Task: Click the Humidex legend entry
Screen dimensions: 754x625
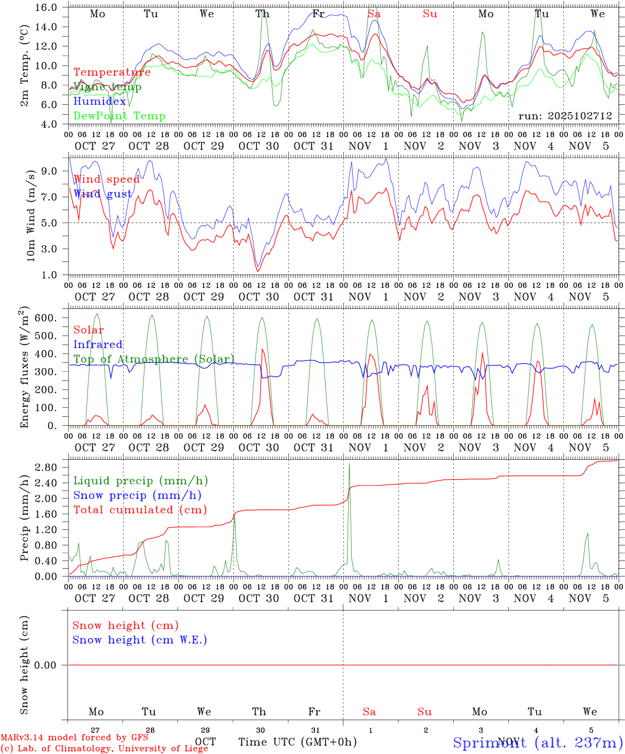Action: pos(99,102)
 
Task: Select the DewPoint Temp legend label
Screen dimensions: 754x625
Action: pos(119,116)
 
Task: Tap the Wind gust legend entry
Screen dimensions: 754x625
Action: pos(103,194)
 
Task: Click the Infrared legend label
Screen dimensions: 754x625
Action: pos(98,345)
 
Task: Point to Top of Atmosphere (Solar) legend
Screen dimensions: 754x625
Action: pos(154,359)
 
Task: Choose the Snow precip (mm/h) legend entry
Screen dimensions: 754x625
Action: pos(137,495)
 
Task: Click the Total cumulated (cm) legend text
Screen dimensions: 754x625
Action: pos(140,510)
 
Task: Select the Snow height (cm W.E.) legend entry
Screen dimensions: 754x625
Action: pos(140,640)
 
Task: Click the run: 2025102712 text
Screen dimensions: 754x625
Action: pos(565,116)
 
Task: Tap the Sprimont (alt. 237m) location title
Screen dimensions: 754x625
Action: pos(538,742)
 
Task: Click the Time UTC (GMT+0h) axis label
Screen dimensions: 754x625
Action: pos(297,742)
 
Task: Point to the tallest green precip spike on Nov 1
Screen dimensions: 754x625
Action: pos(349,464)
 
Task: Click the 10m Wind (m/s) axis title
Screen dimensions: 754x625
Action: pos(31,215)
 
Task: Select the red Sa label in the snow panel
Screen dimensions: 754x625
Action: pos(369,712)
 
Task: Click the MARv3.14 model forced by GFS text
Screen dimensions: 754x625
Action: pos(74,737)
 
